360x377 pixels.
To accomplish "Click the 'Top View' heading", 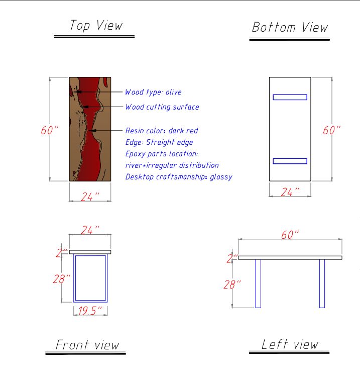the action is click(96, 26).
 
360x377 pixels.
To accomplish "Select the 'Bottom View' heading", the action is click(290, 27).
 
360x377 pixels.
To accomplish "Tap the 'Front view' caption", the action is click(87, 345).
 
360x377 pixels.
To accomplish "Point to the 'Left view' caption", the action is click(290, 344).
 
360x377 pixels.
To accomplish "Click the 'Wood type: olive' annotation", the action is click(153, 92).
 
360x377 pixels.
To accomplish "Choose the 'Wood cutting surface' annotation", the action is click(162, 107).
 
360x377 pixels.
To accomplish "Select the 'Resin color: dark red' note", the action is click(162, 131).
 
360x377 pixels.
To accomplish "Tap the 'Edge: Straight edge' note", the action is click(159, 142).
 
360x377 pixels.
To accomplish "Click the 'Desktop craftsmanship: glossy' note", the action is click(179, 177).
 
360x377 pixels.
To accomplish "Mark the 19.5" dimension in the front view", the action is click(90, 311).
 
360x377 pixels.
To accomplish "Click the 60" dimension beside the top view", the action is click(50, 130).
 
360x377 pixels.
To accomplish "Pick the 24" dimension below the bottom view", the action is click(290, 192).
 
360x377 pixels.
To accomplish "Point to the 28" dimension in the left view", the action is click(232, 285).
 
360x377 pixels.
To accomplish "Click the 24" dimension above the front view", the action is click(90, 230).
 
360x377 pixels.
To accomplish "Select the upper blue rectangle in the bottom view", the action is click(290, 97).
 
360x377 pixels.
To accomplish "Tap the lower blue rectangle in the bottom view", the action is click(290, 161).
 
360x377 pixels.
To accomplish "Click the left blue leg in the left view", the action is click(258, 284).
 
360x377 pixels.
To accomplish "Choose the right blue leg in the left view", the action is click(322, 284).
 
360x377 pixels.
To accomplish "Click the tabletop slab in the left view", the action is click(290, 258).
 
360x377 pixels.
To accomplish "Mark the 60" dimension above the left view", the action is click(290, 235).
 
